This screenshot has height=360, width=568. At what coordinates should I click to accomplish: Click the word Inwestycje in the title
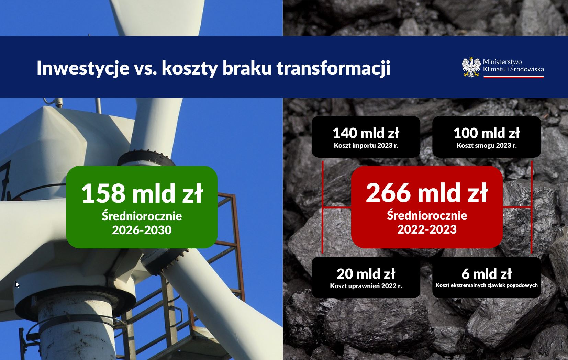coord(83,68)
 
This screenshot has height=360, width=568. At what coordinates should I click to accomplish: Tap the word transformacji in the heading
coord(333,68)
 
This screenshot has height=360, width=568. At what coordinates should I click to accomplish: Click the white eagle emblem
coord(471,67)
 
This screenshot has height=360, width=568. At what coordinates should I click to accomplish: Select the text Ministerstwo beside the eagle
coord(502,62)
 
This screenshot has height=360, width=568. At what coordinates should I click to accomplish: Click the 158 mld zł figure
coord(142,193)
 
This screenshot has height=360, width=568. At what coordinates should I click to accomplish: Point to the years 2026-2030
coord(142,230)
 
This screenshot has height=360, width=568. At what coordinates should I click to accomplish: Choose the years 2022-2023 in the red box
coord(427,229)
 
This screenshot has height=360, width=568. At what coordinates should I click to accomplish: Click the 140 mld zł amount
coord(366,133)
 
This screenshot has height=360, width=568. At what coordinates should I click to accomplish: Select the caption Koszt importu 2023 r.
coord(366,146)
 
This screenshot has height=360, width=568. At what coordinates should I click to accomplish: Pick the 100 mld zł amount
coord(487,133)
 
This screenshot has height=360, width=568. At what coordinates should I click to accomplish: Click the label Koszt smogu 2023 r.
coord(487,146)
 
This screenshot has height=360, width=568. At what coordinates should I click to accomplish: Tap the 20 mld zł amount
coord(366,274)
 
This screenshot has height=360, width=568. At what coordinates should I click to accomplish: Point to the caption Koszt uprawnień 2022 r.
coord(366,286)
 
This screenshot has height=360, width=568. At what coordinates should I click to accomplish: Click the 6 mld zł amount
coord(487,274)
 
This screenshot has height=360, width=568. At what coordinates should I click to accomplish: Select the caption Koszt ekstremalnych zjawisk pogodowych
coord(487,285)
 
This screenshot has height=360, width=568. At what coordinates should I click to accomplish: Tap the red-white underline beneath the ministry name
coord(513,77)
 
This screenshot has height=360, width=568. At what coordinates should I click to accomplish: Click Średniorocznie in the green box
coord(142,216)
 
